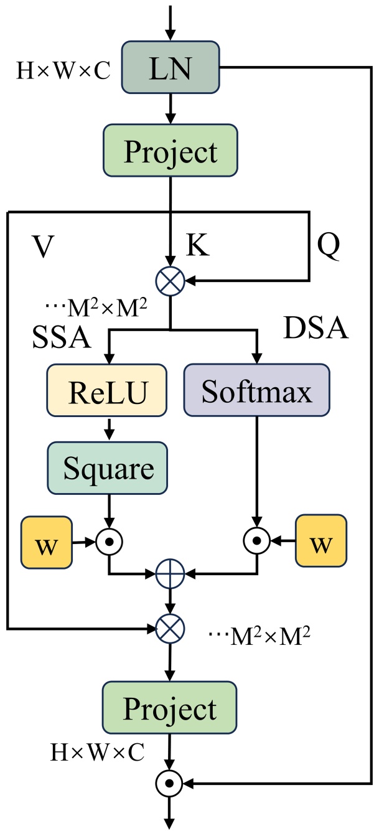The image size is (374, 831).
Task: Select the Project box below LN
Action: point(169,152)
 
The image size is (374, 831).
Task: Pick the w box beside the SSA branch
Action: point(47,542)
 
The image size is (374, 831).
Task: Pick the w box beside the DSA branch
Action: point(320,542)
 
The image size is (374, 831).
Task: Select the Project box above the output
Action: point(169,708)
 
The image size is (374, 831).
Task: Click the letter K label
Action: point(198,247)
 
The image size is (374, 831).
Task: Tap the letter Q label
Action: point(328,247)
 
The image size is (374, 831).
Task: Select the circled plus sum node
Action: point(171,570)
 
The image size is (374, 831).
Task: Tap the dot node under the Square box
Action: point(109,542)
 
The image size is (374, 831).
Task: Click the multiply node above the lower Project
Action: point(171,629)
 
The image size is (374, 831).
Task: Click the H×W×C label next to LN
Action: point(63,71)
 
